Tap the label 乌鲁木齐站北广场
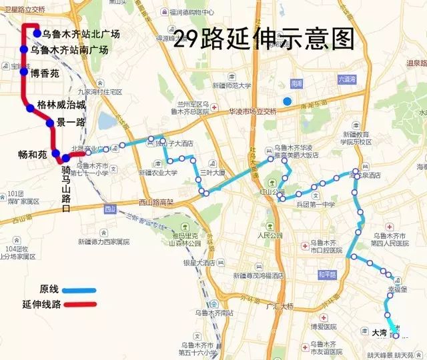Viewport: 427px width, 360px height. (81, 34)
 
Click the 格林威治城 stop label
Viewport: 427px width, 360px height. (61, 105)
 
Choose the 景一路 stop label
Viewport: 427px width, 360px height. (71, 123)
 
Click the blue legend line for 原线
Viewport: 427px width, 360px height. (78, 290)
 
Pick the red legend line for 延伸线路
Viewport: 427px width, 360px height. (79, 305)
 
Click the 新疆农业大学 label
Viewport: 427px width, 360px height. (158, 172)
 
